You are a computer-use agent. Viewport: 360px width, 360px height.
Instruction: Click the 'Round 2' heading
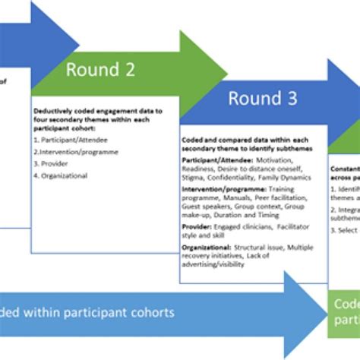100,71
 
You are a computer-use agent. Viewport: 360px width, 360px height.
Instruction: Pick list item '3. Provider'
49,163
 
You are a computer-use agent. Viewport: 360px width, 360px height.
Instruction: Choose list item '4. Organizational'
60,175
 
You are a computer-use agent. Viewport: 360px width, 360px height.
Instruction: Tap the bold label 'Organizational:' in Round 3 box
207,247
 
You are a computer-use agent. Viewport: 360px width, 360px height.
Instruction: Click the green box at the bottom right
343,312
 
